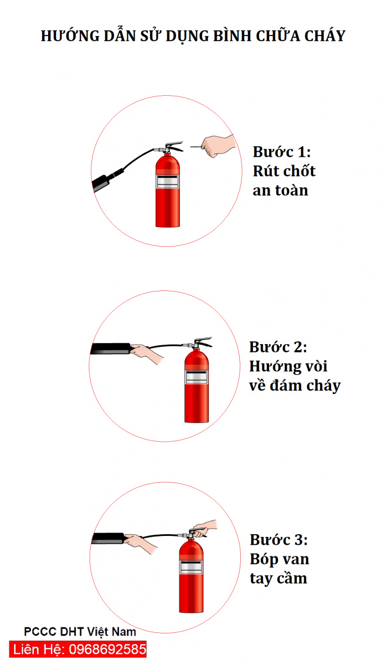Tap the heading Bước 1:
click(282, 152)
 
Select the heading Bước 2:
click(278, 347)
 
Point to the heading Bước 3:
click(278, 540)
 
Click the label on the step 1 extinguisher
click(168, 182)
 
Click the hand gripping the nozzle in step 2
click(148, 354)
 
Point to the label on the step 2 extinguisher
click(197, 376)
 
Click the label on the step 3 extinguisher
click(190, 566)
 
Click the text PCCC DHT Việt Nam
click(80, 632)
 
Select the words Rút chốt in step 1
click(284, 171)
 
